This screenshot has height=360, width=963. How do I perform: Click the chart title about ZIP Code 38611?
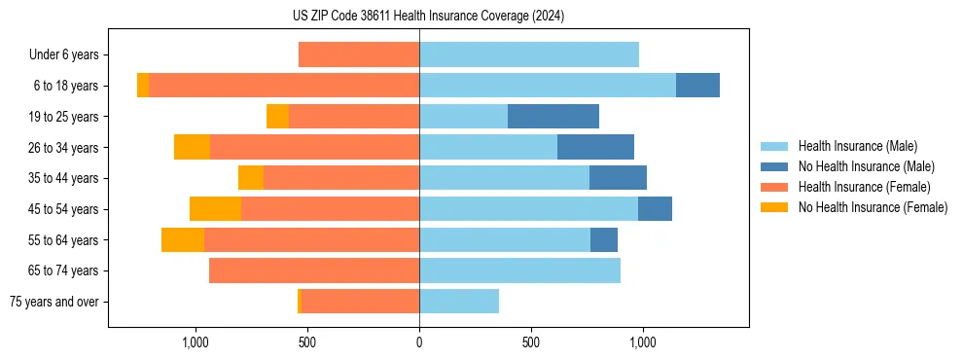428,16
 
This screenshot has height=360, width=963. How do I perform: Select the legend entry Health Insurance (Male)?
856,146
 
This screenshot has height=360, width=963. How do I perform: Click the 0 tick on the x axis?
419,342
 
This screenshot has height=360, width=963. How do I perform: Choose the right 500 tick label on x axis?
531,342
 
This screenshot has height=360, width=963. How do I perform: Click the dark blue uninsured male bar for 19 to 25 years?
553,117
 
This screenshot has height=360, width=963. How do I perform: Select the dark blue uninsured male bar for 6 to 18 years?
697,86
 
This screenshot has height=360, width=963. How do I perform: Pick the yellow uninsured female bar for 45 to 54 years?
215,209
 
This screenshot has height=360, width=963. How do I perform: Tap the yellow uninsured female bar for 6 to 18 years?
143,86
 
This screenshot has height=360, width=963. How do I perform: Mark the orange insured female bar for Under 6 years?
359,55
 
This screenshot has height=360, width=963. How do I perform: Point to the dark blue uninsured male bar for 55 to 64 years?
604,240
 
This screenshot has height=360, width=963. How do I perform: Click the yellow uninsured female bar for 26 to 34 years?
192,148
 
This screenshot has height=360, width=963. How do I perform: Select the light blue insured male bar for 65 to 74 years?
519,270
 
